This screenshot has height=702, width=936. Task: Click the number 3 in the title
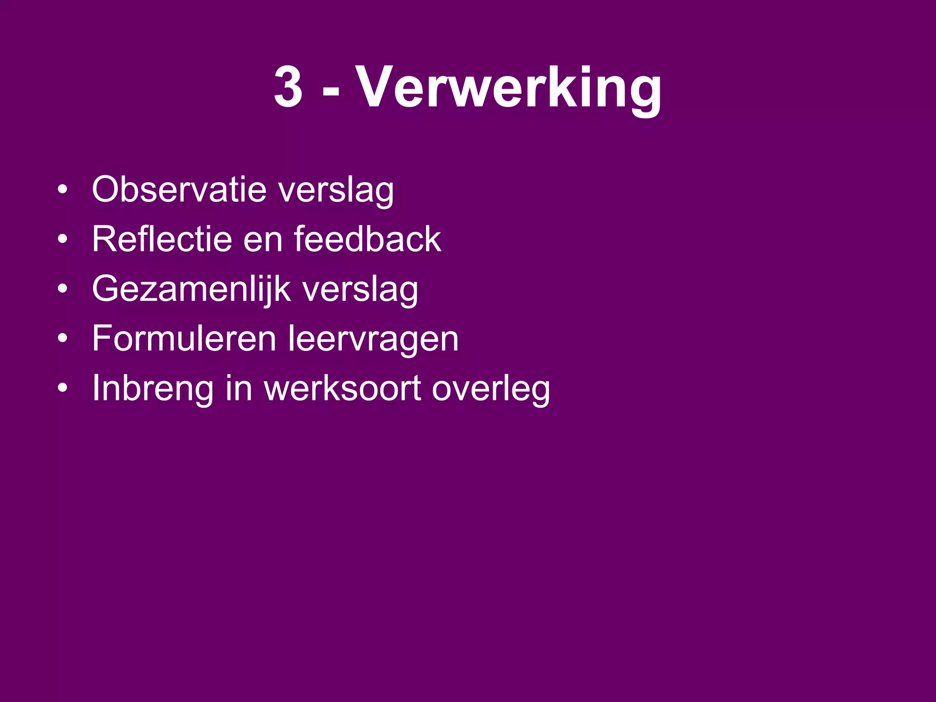[x=288, y=87]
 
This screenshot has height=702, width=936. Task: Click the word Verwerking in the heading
[x=509, y=88]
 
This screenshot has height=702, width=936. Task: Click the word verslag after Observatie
[x=336, y=191]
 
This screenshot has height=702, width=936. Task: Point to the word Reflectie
[x=162, y=239]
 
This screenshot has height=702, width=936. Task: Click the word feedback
[x=367, y=239]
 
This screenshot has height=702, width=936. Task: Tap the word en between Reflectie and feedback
[x=263, y=241]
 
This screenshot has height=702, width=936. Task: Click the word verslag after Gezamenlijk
[x=361, y=291]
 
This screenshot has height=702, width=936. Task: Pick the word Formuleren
[x=184, y=338]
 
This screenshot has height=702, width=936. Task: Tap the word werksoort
[x=342, y=388]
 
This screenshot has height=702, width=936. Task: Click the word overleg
[x=491, y=390]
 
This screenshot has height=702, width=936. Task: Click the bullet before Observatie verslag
[x=63, y=190]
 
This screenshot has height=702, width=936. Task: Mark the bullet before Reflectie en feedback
[x=63, y=239]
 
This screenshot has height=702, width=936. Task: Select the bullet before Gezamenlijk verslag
[x=63, y=289]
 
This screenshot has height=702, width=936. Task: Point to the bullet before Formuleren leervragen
[x=63, y=339]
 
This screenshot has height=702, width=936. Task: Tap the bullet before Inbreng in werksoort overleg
[x=63, y=388]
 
